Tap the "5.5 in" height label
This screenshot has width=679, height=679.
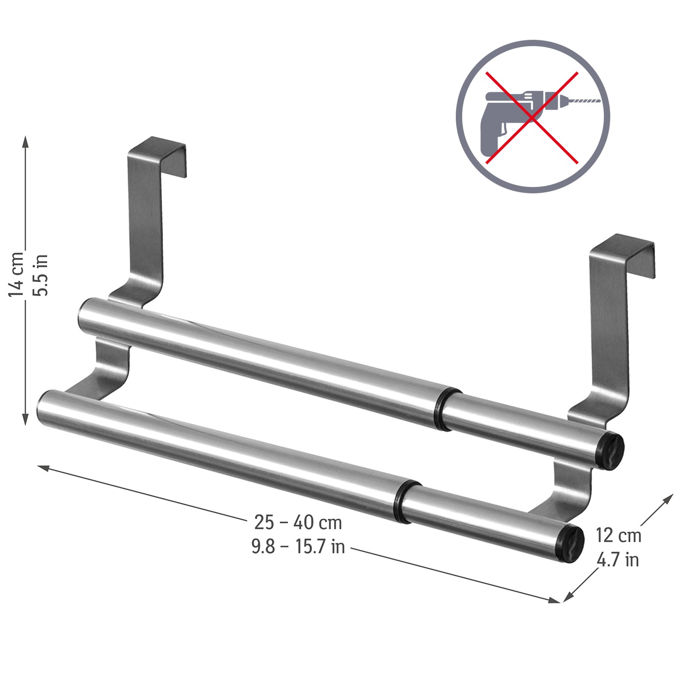41,275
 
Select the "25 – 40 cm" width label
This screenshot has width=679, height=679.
298,522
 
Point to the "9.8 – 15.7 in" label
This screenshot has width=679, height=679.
298,546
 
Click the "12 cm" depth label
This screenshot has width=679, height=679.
618,535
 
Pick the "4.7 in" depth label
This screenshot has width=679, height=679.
617,560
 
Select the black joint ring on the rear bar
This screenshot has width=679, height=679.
441,409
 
